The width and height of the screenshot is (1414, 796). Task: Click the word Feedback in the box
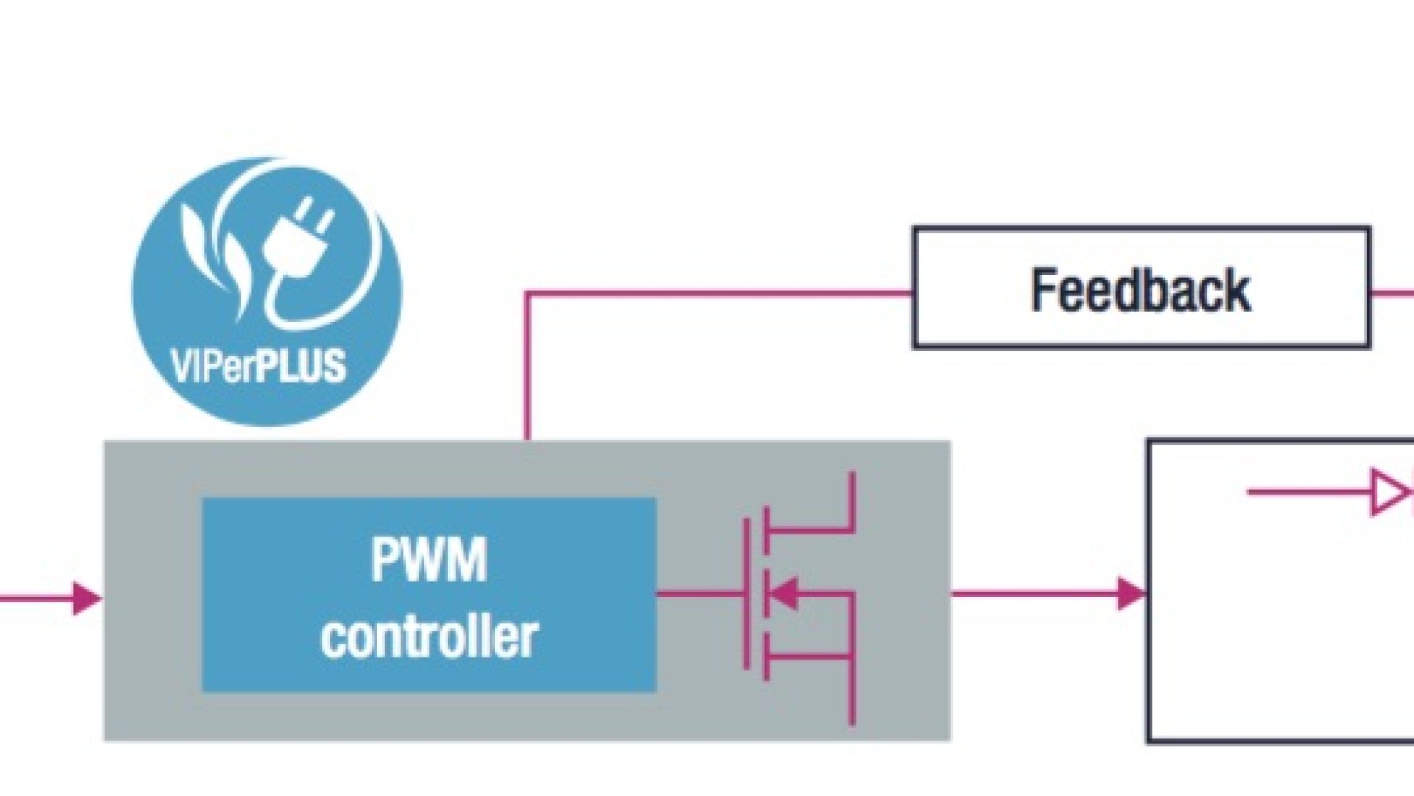[1140, 290]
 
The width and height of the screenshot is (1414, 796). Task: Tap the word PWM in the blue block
[429, 559]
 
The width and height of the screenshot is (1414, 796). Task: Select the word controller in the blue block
[429, 637]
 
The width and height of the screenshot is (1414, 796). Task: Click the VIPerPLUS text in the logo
[258, 366]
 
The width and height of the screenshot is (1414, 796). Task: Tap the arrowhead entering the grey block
[87, 598]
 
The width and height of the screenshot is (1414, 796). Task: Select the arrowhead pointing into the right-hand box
[1131, 593]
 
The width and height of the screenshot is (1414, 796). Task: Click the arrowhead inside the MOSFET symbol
[784, 593]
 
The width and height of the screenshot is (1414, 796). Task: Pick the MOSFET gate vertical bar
[747, 593]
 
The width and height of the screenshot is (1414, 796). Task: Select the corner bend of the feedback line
[527, 294]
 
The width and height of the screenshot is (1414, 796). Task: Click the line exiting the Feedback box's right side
[1392, 293]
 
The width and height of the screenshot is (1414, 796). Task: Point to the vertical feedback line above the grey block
[527, 369]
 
